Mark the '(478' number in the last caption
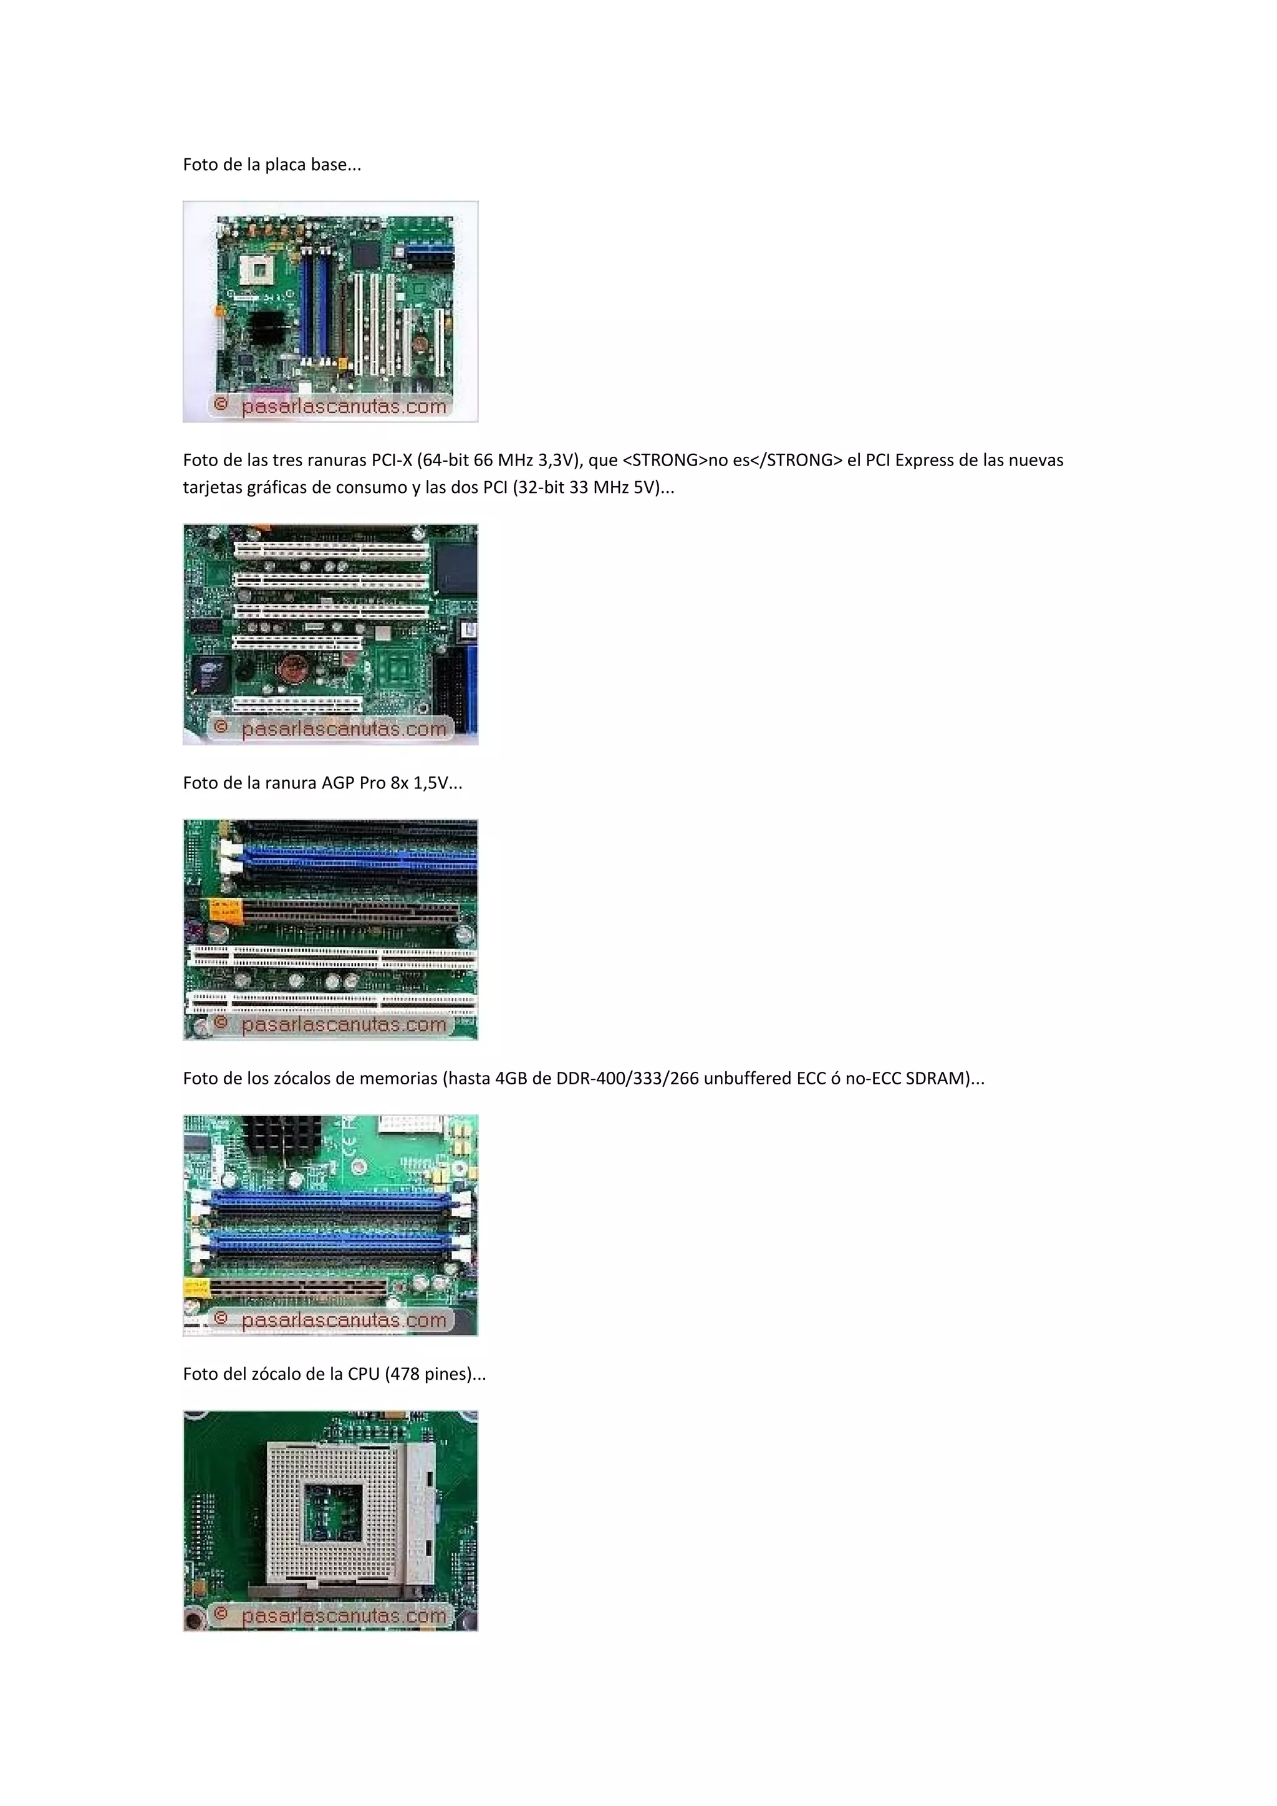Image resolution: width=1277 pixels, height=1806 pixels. tap(402, 1374)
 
